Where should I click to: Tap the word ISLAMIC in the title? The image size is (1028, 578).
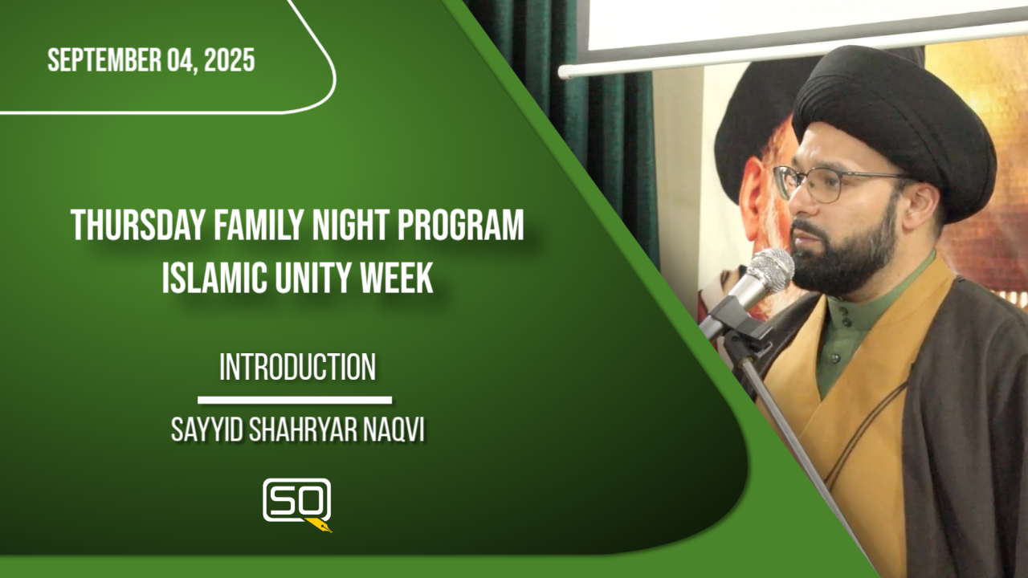(x=214, y=279)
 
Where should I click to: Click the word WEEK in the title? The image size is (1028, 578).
(x=397, y=279)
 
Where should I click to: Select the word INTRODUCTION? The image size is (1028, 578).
(x=297, y=367)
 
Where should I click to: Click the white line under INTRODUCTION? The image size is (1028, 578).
(x=295, y=400)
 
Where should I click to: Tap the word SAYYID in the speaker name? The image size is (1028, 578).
(x=206, y=430)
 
